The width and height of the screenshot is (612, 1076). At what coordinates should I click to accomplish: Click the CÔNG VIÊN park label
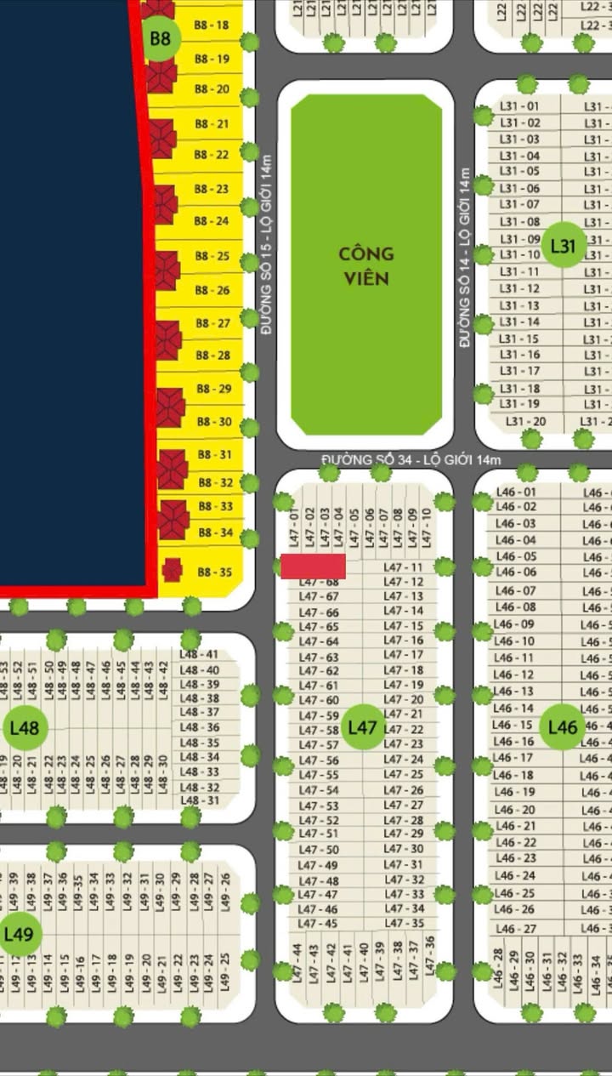[x=366, y=265]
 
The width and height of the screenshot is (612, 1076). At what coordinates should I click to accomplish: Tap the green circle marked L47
[x=363, y=728]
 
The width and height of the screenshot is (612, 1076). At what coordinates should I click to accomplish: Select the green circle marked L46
[x=563, y=727]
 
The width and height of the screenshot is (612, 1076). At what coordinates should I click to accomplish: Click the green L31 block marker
[x=564, y=247]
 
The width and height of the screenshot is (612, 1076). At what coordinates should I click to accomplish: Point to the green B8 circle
[x=161, y=38]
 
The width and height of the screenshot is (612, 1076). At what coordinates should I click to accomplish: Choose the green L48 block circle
[x=25, y=728]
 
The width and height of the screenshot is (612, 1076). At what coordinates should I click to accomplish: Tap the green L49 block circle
[x=18, y=934]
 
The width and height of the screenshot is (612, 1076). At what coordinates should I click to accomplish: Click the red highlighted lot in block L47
[x=313, y=566]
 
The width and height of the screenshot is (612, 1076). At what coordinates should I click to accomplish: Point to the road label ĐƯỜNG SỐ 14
[x=465, y=257]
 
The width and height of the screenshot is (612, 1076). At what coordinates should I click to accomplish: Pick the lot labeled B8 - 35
[x=214, y=572]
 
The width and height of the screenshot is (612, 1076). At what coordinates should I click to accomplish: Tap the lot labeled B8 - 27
[x=212, y=323]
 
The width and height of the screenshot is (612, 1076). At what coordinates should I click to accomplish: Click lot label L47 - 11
[x=403, y=567]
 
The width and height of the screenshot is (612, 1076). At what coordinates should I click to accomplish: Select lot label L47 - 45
[x=319, y=924]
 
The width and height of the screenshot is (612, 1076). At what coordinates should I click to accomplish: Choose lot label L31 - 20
[x=525, y=422]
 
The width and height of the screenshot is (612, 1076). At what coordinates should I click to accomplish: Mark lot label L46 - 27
[x=516, y=929]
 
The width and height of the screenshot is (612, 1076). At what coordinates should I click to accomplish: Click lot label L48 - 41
[x=200, y=655]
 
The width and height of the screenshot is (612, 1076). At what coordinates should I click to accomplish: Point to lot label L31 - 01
[x=519, y=106]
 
